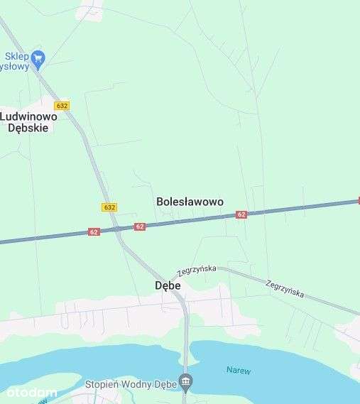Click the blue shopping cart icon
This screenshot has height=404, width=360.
(38, 58)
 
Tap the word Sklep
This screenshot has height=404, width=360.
(17, 55)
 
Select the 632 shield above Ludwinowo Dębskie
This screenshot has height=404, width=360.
(62, 106)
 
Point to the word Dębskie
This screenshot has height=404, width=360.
(28, 128)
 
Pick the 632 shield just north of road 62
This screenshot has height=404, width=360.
(109, 207)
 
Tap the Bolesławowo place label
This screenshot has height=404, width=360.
(190, 202)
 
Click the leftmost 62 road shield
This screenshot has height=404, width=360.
(94, 232)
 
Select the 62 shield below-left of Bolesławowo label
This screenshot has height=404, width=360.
(139, 226)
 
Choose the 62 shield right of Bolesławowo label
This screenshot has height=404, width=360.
(241, 214)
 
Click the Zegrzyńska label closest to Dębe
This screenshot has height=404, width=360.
(197, 271)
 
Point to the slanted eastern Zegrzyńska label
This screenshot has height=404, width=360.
(285, 288)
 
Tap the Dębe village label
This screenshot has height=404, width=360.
(168, 285)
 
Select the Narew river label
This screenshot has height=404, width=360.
(239, 370)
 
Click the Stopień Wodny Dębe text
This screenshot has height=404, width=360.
(131, 384)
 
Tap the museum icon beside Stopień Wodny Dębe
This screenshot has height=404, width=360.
(185, 383)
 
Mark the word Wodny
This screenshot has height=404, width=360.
(138, 384)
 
